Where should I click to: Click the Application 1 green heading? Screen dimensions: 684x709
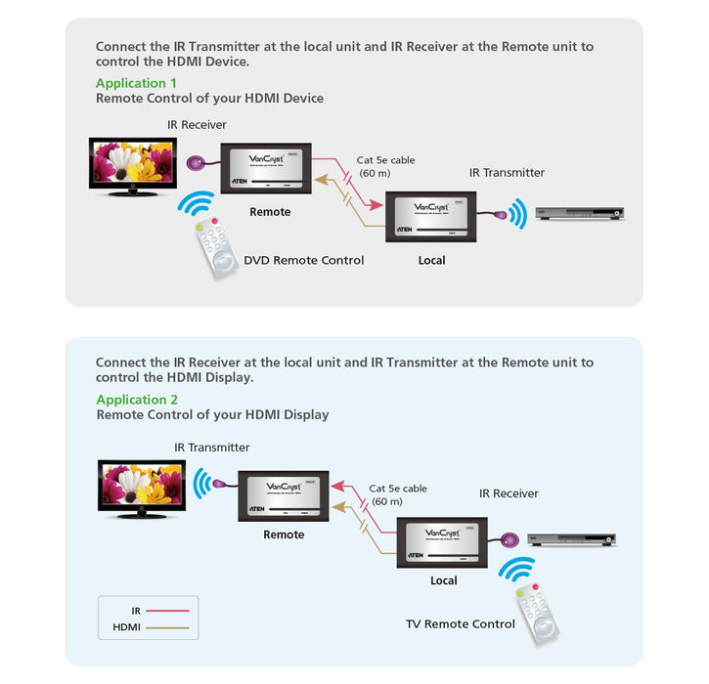click(x=137, y=83)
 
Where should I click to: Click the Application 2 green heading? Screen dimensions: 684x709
click(x=137, y=400)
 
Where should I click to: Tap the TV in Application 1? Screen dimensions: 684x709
click(x=130, y=164)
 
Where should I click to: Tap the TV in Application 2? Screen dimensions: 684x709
click(x=142, y=483)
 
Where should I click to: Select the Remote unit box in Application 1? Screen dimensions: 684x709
click(x=266, y=168)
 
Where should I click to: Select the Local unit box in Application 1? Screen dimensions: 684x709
click(x=431, y=215)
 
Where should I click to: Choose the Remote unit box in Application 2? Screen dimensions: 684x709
click(x=284, y=496)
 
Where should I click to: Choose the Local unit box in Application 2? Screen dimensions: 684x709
click(x=443, y=542)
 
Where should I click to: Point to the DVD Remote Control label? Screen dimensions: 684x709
click(x=304, y=260)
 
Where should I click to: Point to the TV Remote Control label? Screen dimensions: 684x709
click(x=460, y=623)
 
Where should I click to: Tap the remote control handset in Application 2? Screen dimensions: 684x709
click(x=536, y=612)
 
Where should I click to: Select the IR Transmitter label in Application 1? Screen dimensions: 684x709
click(x=507, y=173)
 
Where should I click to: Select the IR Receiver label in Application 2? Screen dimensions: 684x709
click(x=509, y=493)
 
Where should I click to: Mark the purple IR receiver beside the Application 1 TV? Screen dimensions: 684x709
click(x=195, y=163)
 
